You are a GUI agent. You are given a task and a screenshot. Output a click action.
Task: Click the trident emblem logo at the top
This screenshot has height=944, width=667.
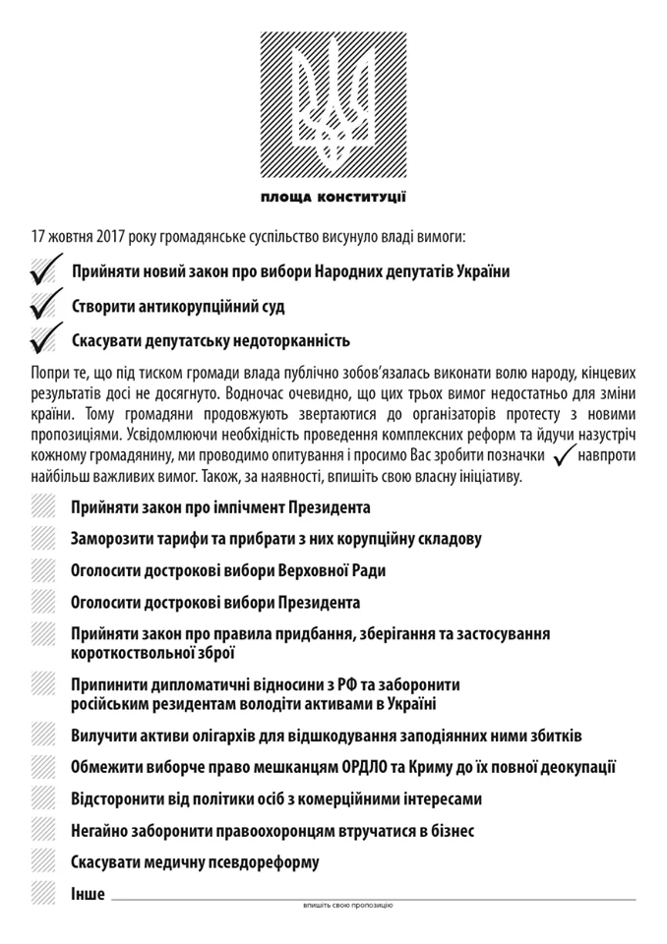pos(333,101)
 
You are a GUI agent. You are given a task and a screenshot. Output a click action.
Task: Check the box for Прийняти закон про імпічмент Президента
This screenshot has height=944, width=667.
pos(43,507)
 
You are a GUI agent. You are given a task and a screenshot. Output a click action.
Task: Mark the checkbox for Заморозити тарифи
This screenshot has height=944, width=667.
pos(43,539)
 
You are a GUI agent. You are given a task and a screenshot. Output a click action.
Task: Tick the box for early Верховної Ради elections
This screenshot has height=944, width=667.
pos(43,570)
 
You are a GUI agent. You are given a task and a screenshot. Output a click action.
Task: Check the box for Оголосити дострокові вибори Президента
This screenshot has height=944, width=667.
pos(43,602)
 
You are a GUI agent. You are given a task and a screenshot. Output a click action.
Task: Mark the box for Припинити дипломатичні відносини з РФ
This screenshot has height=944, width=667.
pos(43,683)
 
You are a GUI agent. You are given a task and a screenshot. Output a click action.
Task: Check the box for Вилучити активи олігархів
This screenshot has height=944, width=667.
pos(43,735)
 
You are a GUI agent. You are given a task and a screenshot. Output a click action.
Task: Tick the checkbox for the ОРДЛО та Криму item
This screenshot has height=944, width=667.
pos(43,766)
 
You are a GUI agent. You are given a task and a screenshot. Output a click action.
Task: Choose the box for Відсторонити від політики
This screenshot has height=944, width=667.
pos(43,797)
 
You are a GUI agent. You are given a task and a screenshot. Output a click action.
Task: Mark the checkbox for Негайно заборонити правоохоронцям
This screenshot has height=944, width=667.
pos(43,830)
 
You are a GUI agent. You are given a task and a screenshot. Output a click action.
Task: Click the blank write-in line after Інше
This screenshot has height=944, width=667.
pos(374,896)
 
